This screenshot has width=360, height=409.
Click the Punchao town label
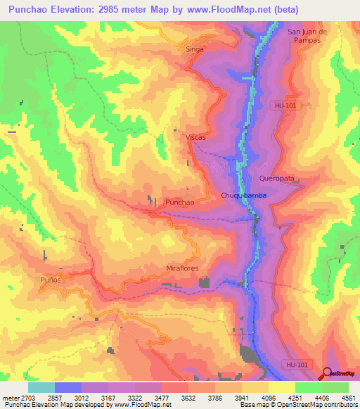point(179,202)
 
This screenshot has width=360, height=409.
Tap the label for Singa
point(194,49)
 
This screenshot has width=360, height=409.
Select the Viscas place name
point(195,137)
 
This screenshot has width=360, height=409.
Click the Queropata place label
point(275,178)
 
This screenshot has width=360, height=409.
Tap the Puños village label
point(52,280)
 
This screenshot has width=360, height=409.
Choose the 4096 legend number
point(269,397)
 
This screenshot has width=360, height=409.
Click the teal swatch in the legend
point(41,387)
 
